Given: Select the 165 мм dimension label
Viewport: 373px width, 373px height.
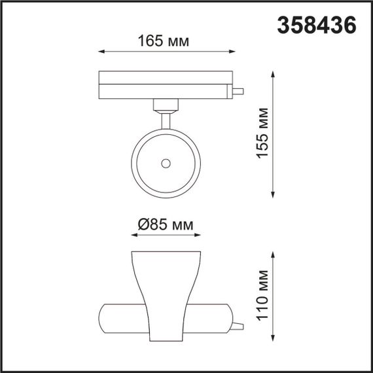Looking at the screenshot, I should pos(164,41).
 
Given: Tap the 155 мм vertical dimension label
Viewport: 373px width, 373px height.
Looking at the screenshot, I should pos(261,133).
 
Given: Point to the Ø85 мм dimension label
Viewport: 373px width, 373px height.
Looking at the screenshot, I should pos(166,225).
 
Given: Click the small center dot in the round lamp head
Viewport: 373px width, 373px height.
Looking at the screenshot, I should pos(166,162).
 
